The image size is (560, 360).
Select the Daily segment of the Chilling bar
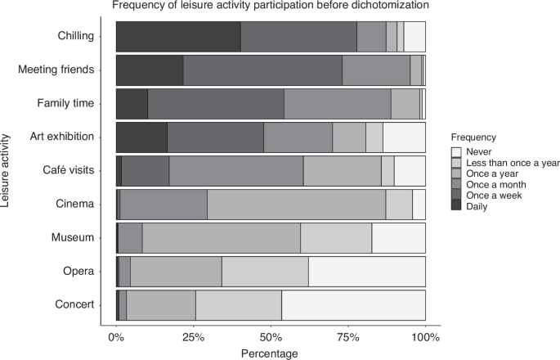click(x=178, y=36)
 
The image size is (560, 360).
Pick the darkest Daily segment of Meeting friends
click(x=149, y=70)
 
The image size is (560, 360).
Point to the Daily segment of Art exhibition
click(x=141, y=137)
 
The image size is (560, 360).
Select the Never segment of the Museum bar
click(x=398, y=238)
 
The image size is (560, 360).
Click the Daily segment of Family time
click(x=132, y=103)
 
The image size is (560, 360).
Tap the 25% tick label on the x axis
click(x=193, y=336)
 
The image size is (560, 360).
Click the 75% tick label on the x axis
click(x=348, y=336)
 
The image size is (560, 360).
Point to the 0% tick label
click(x=116, y=336)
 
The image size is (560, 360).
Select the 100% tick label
click(x=425, y=336)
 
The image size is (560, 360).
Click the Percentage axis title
click(x=270, y=353)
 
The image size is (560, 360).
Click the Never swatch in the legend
click(x=456, y=153)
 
